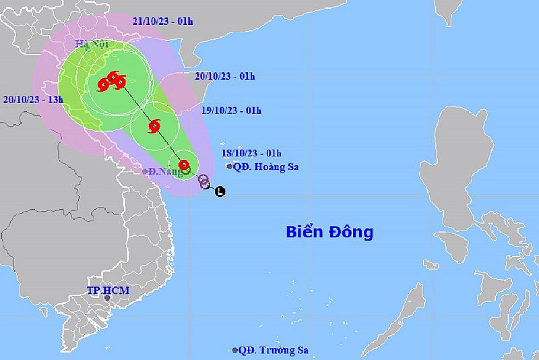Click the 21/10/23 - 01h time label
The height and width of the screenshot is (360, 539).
pos(162,21)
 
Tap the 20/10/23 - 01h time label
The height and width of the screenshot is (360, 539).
pos(224,76)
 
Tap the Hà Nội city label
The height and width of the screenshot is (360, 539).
pos(90,44)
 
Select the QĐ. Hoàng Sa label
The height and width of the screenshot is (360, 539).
pos(267,167)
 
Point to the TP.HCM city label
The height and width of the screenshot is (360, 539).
pos(107,290)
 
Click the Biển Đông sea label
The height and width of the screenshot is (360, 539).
pos(329,233)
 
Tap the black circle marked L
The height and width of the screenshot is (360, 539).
pos(220,192)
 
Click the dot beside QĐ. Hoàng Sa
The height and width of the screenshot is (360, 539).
pos(230,167)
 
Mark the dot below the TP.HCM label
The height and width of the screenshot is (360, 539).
pos(107,298)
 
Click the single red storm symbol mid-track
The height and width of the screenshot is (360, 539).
pos(154,125)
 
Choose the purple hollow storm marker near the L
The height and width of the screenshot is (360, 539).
pos(203,180)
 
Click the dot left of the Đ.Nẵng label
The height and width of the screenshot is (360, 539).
pos(145,171)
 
